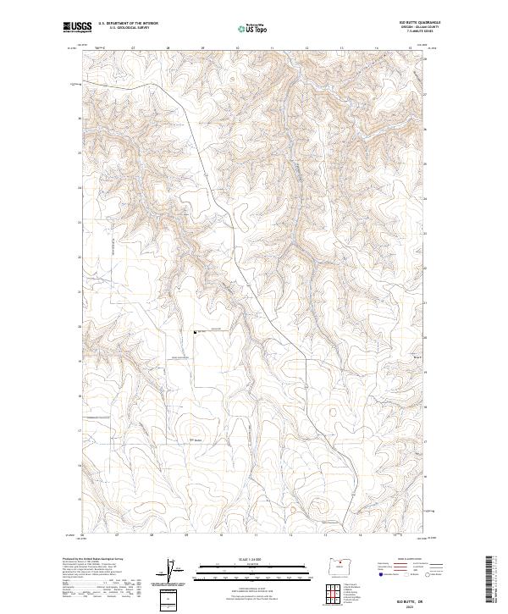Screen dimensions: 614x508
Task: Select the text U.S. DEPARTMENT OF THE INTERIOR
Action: pos(128,24)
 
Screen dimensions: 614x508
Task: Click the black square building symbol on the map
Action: pos(195,333)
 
